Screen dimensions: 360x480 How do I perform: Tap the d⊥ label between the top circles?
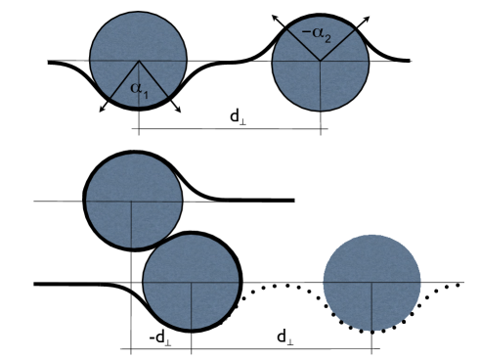pyautogui.click(x=237, y=116)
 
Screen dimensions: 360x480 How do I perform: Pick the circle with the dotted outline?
pyautogui.click(x=371, y=284)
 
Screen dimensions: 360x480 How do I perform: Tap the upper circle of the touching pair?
pyautogui.click(x=133, y=201)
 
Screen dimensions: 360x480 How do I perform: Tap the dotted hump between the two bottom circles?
pyautogui.click(x=282, y=288)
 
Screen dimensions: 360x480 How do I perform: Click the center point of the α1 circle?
pyautogui.click(x=138, y=63)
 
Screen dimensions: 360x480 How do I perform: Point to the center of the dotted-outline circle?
pyautogui.click(x=371, y=284)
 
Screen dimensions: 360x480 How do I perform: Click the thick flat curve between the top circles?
pyautogui.click(x=231, y=63)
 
